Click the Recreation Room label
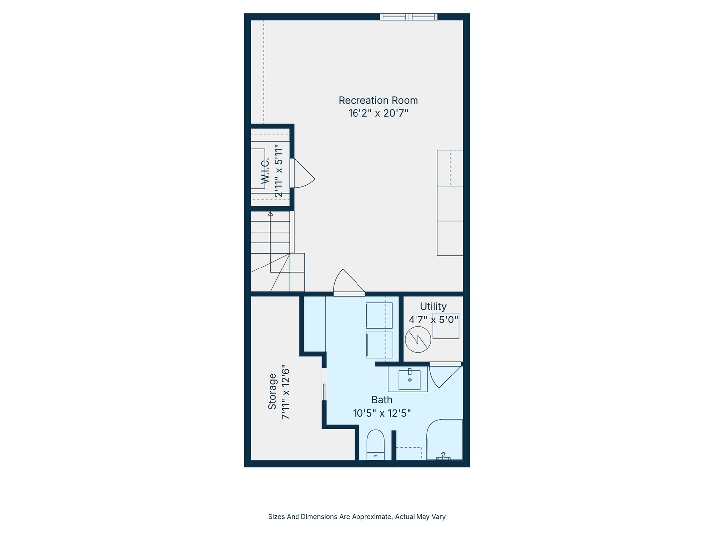click(378, 100)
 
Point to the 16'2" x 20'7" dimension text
click(378, 113)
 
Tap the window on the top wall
click(409, 17)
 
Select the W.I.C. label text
click(265, 171)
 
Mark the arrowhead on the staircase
click(270, 214)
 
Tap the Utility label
click(433, 306)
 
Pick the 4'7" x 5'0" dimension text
click(433, 320)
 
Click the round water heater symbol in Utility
click(418, 339)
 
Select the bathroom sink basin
click(410, 380)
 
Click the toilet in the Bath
click(376, 444)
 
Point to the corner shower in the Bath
click(444, 440)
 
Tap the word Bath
click(382, 400)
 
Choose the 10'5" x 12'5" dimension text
click(382, 413)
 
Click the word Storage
click(272, 391)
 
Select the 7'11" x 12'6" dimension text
click(285, 392)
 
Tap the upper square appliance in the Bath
click(379, 315)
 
